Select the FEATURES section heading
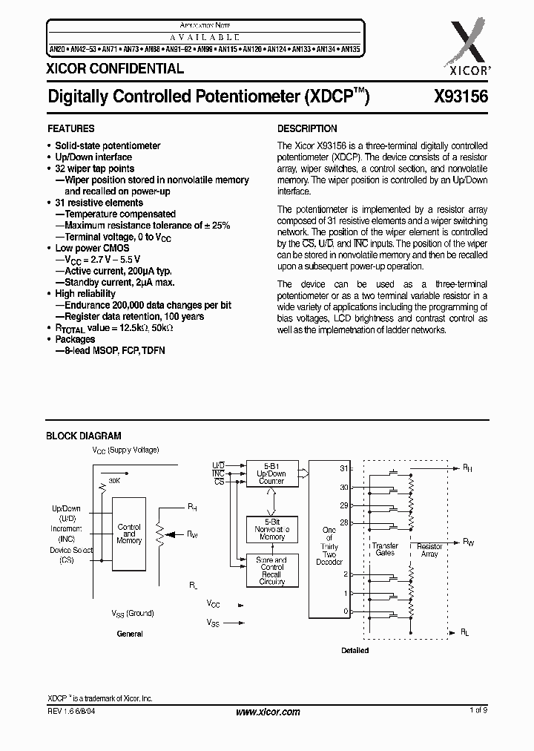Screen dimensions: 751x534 [70, 128]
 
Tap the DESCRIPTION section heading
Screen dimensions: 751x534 [307, 128]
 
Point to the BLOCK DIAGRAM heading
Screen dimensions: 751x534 [84, 436]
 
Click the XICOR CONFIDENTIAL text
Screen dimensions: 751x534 [115, 69]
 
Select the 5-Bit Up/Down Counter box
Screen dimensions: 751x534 [271, 473]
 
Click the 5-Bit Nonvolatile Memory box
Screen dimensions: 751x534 [271, 528]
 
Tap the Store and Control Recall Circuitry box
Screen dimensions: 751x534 [271, 571]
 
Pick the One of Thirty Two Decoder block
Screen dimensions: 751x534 [329, 546]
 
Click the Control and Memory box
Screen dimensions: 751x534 [129, 534]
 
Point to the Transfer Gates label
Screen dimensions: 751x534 [385, 549]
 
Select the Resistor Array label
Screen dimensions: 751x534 [429, 550]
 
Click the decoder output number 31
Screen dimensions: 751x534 [343, 468]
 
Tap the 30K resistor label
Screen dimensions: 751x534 [114, 480]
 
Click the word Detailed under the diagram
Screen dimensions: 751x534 [355, 651]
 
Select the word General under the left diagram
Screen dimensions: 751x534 [130, 634]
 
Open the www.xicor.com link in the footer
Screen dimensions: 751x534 [267, 712]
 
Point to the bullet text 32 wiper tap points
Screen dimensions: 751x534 [95, 168]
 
